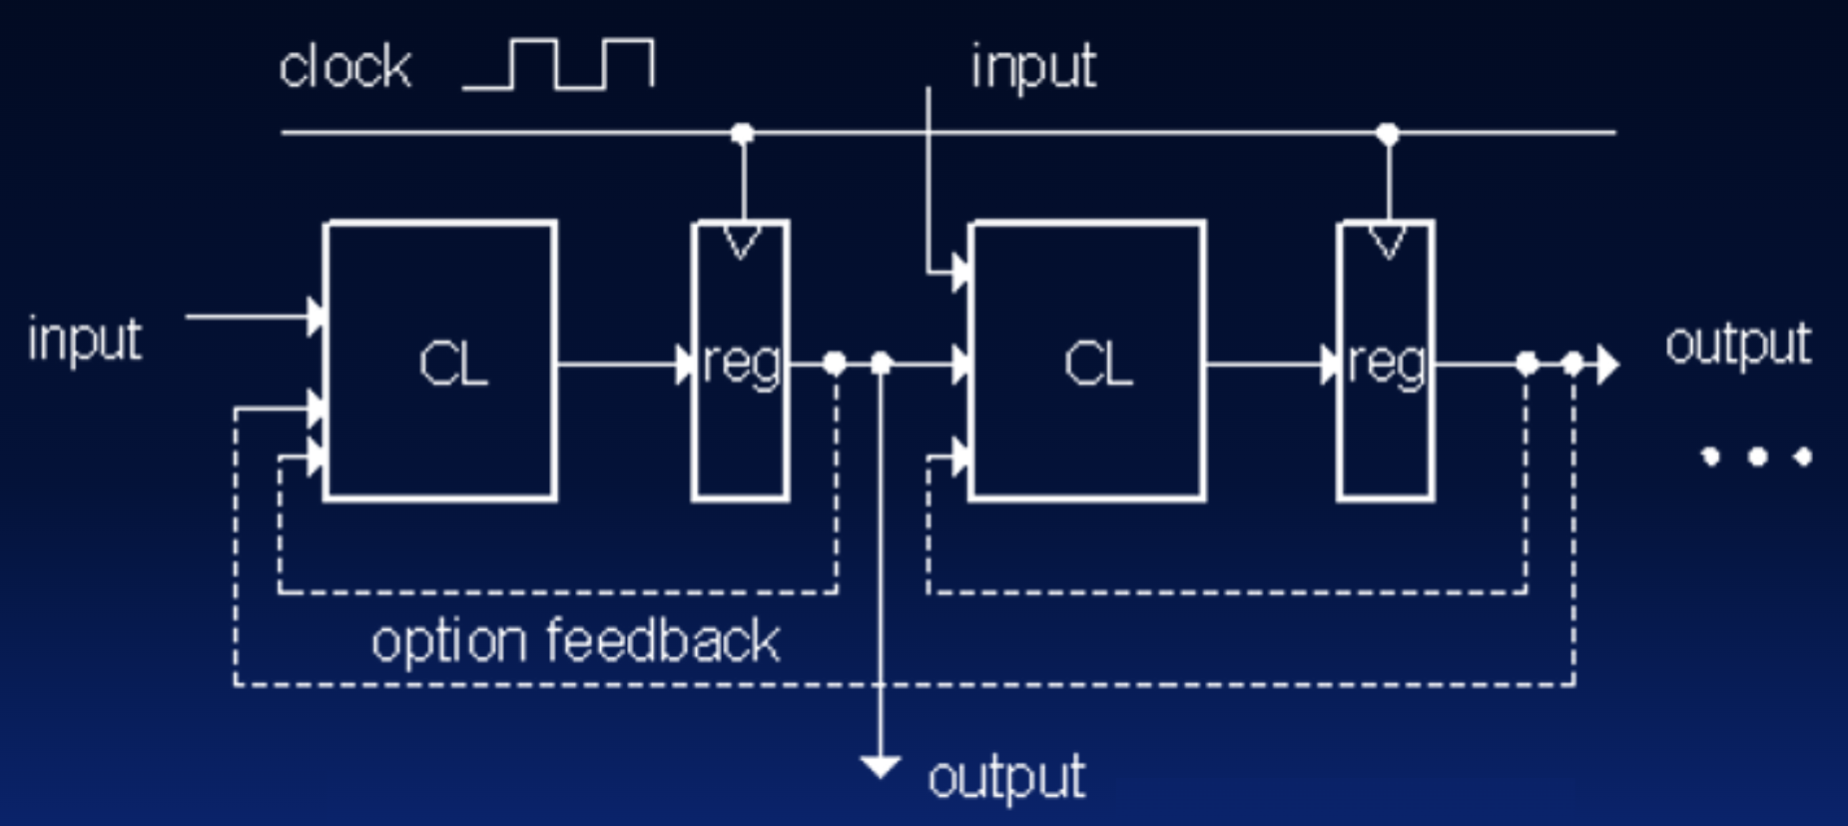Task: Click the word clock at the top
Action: pos(344,68)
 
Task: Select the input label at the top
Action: pos(1033,67)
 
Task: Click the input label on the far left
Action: pos(85,340)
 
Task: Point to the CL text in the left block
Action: pos(453,364)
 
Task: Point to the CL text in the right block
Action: pos(1098,364)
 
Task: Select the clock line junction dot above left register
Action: pos(742,133)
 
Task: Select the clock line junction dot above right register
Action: pos(1388,133)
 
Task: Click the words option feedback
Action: pos(575,640)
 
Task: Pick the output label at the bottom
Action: pos(1006,777)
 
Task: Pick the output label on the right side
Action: pos(1737,345)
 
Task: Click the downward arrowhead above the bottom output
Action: pos(880,767)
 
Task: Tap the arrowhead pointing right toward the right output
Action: pos(1606,365)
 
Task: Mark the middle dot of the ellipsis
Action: pos(1758,456)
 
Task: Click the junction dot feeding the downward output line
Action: pos(881,364)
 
